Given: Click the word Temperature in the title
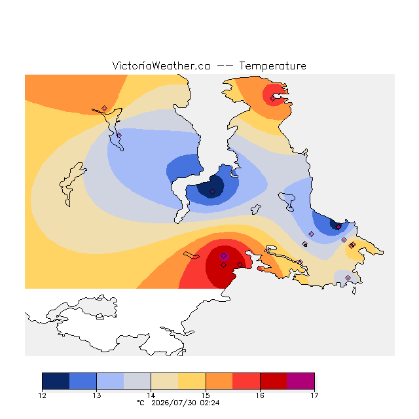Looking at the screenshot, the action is click(x=272, y=65).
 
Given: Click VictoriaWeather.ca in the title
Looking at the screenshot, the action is click(x=161, y=65).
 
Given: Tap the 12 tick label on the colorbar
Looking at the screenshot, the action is click(x=42, y=395).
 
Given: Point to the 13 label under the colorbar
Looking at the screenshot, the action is click(x=96, y=395).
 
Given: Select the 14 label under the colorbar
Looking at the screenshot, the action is click(x=151, y=395).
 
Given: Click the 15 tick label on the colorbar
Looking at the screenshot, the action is click(x=206, y=395).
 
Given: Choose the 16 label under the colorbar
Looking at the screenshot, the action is click(x=260, y=395).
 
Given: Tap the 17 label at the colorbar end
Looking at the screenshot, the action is click(x=314, y=395).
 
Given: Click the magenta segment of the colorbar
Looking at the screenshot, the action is click(x=301, y=381).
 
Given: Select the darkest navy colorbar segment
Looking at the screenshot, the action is click(x=56, y=381).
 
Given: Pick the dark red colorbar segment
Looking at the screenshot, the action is click(x=274, y=381).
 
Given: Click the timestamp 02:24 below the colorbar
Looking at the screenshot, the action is click(x=209, y=403).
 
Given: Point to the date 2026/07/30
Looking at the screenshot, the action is click(x=175, y=403).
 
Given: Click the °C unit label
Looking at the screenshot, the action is click(x=141, y=403).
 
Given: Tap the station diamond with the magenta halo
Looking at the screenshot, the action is click(x=224, y=256).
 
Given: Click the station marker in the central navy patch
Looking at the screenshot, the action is click(x=212, y=191).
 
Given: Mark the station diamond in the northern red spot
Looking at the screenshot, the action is click(x=272, y=99).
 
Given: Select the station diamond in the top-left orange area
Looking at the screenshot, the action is click(x=105, y=108).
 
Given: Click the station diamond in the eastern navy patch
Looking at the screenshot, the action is click(x=338, y=227).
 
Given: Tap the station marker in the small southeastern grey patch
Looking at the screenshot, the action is click(x=348, y=278).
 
